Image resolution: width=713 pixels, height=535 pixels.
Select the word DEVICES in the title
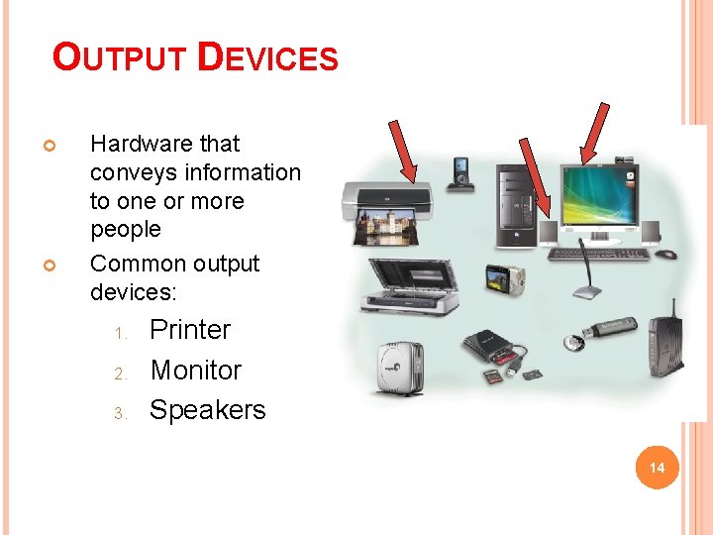267,57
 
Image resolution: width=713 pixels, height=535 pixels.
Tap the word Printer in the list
190,330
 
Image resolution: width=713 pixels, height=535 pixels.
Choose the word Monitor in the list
195,371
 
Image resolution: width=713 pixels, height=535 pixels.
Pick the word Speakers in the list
207,410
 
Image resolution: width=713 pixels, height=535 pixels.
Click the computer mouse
667,254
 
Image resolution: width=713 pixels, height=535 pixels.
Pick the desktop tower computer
517,204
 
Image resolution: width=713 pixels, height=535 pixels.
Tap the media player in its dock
461,173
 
